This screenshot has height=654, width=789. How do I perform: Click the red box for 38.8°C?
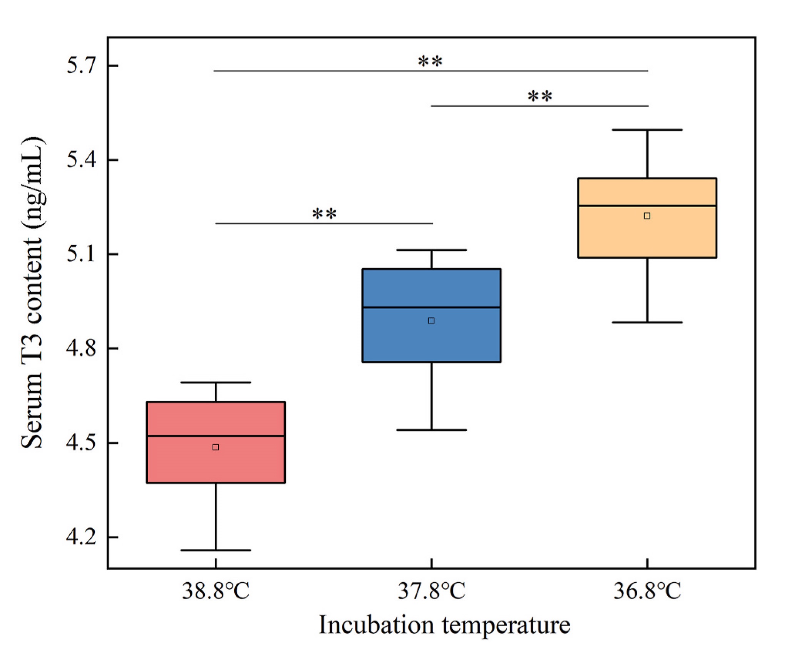[x=216, y=442]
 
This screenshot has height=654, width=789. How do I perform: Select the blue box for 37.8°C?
[x=431, y=315]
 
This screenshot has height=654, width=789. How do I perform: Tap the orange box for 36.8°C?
[x=647, y=218]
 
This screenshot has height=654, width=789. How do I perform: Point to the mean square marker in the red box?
[x=216, y=447]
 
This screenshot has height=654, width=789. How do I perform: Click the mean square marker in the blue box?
[x=431, y=321]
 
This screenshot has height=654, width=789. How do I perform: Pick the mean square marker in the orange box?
[x=647, y=216]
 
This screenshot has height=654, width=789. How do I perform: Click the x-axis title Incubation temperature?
[x=444, y=625]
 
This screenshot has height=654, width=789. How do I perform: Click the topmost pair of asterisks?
[x=431, y=61]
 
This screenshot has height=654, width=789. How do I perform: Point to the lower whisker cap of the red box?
[x=216, y=550]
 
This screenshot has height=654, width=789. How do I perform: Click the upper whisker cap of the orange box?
[x=647, y=130]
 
